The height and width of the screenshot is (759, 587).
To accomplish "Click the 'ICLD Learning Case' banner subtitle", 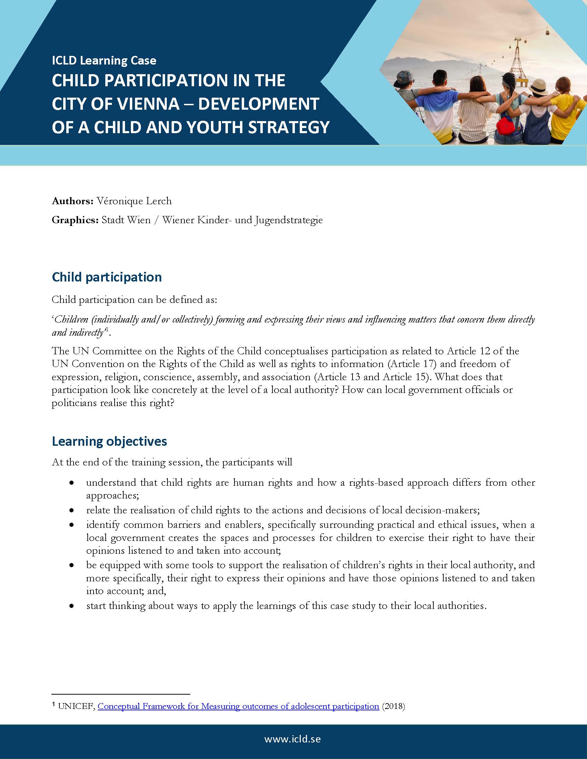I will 104,61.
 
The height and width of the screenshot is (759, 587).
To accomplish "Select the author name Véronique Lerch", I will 134,201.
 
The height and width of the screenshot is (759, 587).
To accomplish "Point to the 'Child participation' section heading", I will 107,277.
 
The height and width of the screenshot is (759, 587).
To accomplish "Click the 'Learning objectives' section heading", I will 109,441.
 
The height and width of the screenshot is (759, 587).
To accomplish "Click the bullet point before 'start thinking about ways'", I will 71,606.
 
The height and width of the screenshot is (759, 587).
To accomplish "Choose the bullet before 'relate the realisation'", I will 71,510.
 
